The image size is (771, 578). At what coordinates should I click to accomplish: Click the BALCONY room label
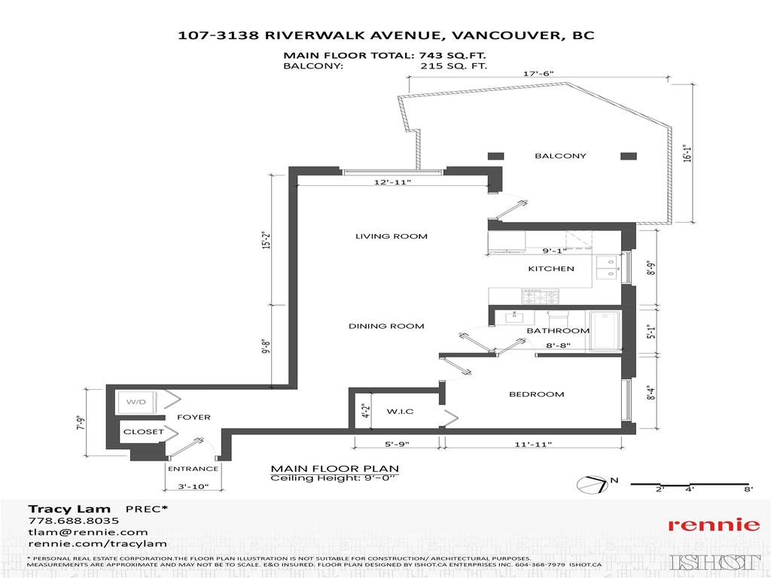[x=560, y=156]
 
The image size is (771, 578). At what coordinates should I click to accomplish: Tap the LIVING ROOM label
[x=391, y=236]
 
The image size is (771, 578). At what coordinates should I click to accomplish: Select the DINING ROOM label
[x=386, y=326]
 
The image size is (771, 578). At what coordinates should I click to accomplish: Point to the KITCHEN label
[x=550, y=269]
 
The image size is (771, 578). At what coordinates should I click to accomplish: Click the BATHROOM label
[x=557, y=330]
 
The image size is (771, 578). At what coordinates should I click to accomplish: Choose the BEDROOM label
[x=536, y=394]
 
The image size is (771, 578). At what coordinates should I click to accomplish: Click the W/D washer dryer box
[x=136, y=403]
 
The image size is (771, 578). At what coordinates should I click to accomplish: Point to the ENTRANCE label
[x=193, y=469]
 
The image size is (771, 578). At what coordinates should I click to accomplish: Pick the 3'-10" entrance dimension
[x=192, y=488]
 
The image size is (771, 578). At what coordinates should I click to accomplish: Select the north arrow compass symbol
[x=594, y=485]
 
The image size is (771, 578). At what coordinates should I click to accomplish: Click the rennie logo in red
[x=714, y=525]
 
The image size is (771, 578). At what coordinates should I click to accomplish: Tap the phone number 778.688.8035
[x=73, y=520]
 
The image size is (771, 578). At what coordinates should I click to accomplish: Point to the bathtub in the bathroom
[x=604, y=330]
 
